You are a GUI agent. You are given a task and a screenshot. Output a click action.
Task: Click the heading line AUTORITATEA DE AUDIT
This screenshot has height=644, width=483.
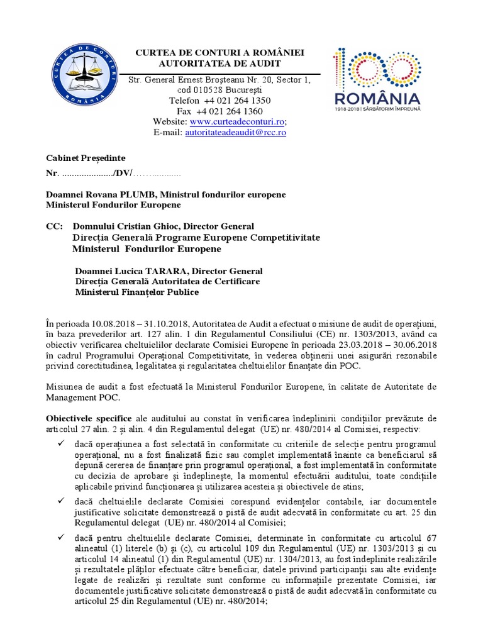click(x=219, y=64)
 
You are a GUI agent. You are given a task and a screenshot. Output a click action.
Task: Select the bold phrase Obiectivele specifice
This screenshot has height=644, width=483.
click(x=89, y=418)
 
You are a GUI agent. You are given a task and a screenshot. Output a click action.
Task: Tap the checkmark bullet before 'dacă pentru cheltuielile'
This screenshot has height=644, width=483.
click(x=61, y=538)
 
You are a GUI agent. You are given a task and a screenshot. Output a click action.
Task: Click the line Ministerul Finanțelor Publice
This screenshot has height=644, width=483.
click(x=136, y=292)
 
